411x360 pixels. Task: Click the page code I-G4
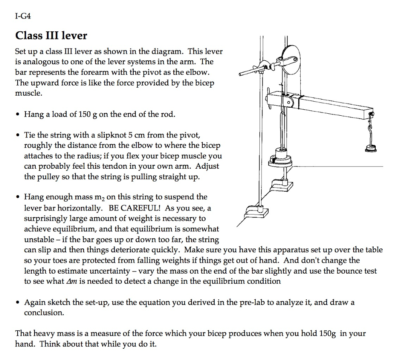click(x=23, y=16)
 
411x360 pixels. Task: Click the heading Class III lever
click(x=51, y=36)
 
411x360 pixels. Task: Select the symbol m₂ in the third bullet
click(x=100, y=197)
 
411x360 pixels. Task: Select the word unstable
click(x=39, y=239)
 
